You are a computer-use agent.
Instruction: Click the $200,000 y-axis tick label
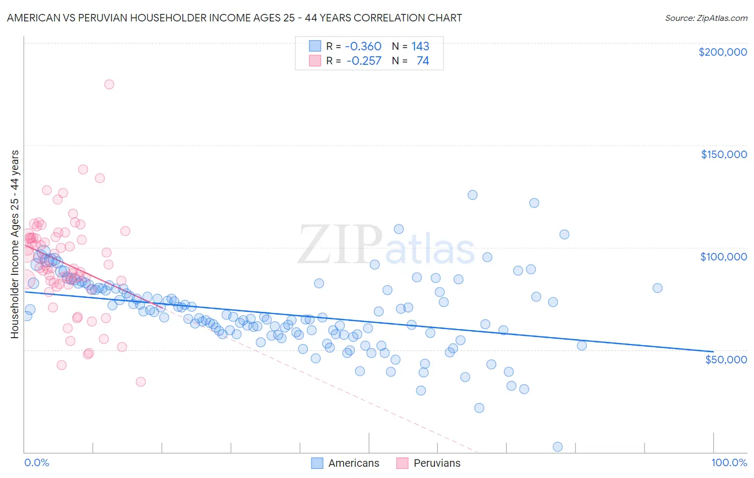point(722,52)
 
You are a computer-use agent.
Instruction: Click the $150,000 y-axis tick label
point(723,154)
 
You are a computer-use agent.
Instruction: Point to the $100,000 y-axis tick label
point(723,257)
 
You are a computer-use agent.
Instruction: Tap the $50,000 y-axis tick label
point(726,359)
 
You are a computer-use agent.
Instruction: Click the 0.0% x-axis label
point(36,462)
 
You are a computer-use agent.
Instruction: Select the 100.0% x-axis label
point(729,462)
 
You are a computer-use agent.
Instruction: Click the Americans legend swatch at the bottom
point(317,463)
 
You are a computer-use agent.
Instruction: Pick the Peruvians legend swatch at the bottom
point(402,463)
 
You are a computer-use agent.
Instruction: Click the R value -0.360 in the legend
point(363,46)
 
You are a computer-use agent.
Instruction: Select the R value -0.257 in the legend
point(364,61)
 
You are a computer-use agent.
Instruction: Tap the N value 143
point(420,46)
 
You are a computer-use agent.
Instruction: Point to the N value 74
point(423,61)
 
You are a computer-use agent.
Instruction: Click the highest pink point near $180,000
point(109,84)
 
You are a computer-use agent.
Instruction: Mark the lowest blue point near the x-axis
point(557,447)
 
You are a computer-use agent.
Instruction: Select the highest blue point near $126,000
point(472,195)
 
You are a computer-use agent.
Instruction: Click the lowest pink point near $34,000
point(141,382)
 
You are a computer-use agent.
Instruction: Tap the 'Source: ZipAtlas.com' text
point(706,18)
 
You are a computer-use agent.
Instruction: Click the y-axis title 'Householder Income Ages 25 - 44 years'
point(14,244)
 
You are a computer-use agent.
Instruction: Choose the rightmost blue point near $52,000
point(582,346)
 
